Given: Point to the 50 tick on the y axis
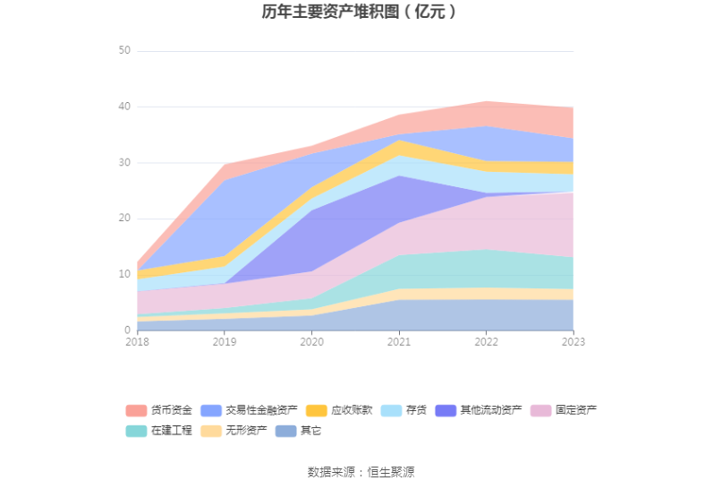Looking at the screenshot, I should pos(124,51).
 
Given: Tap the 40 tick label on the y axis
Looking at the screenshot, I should pos(124,107).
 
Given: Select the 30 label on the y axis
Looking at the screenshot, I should pos(124,163).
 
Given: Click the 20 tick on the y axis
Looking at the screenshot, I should pos(124,219).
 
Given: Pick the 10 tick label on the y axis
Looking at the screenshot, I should pos(124,274).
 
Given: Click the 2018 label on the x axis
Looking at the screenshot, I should pos(138,341).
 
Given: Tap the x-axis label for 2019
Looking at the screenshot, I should pos(225,341).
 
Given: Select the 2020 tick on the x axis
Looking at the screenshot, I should pos(311,341).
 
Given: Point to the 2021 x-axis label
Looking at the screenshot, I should pos(399,341).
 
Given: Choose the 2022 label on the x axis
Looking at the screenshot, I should pos(486,341).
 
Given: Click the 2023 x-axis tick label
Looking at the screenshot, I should pos(573,341).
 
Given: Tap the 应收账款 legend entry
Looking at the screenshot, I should pos(339,410).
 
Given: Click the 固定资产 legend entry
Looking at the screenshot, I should pos(565,410).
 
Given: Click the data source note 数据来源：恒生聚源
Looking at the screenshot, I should pos(361,472).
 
